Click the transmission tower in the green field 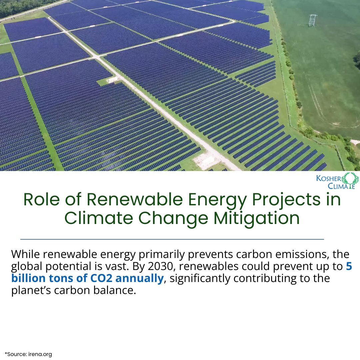click(x=312, y=20)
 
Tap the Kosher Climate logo click(x=337, y=181)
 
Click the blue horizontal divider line click(x=172, y=239)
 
